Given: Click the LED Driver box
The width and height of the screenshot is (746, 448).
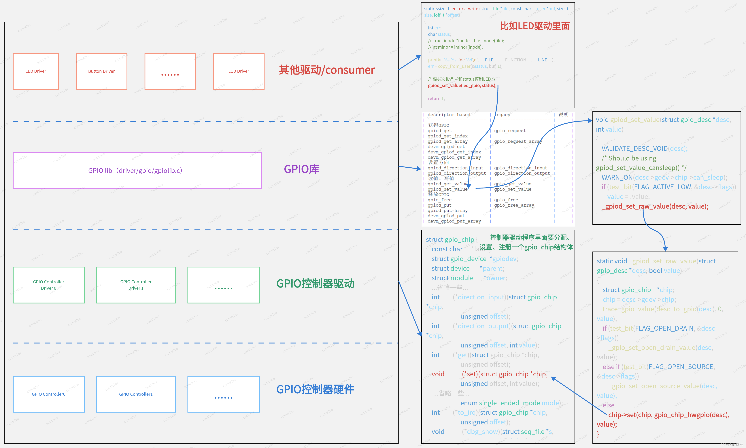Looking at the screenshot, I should (x=36, y=71).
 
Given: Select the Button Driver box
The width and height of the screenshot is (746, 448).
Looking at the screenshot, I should (x=101, y=71).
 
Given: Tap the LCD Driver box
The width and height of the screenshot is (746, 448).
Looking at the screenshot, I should (x=239, y=71).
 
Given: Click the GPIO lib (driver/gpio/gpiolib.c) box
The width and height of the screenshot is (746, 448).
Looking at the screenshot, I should (x=137, y=171).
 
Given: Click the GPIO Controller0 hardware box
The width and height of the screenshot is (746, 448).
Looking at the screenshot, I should (x=49, y=394).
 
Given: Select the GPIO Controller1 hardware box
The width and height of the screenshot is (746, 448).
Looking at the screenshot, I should (x=136, y=394).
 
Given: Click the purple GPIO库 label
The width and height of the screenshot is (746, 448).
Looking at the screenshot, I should (x=301, y=169).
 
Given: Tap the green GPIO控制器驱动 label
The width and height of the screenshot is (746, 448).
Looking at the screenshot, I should (x=315, y=283).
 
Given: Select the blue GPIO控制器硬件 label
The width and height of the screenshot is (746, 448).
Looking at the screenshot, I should (x=315, y=390).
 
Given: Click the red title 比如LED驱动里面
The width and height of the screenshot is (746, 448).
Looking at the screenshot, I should (x=534, y=26).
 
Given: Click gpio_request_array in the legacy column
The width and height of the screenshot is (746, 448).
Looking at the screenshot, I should (x=518, y=141).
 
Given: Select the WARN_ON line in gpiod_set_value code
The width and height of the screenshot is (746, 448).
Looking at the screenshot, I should (x=664, y=177).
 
